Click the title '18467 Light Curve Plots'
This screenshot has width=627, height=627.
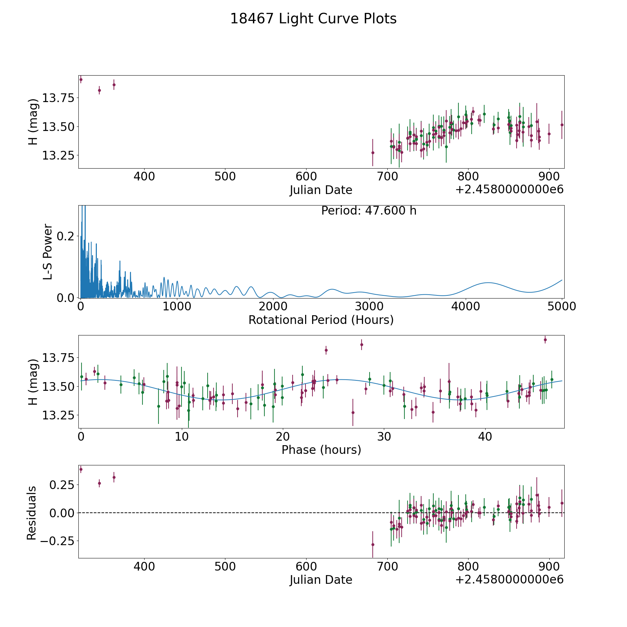[x=313, y=19]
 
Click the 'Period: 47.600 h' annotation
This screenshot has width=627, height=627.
[x=369, y=211]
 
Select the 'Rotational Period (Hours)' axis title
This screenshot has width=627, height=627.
[x=321, y=320]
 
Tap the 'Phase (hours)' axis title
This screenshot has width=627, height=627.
[x=321, y=450]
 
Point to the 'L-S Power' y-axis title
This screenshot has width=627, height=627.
[x=48, y=251]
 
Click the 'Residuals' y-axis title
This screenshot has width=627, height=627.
[x=32, y=513]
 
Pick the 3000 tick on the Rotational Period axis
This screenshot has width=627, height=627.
[x=369, y=307]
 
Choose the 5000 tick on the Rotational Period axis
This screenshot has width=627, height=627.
[x=562, y=307]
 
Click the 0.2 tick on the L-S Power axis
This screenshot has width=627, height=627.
[x=65, y=236]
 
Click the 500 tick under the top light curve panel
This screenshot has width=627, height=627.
[x=225, y=177]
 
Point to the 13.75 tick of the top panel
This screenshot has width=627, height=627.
[x=59, y=98]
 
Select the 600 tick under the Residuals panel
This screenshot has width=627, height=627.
[x=306, y=567]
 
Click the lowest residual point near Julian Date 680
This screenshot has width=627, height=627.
[x=373, y=544]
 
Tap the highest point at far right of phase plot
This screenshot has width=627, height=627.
[x=545, y=340]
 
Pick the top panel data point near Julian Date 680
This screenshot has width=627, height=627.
[x=373, y=153]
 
